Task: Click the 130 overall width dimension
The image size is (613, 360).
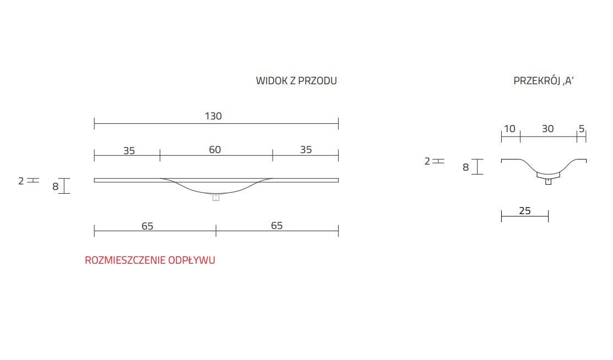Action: coord(213,116)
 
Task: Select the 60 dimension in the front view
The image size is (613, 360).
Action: coord(215,150)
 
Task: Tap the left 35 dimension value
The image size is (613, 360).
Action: coord(129,151)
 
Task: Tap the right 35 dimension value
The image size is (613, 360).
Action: coord(306,150)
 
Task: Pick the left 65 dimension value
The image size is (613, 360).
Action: coord(147,226)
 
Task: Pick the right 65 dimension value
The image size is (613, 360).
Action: coord(276,226)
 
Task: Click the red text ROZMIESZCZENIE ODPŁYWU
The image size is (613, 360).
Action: coord(150,260)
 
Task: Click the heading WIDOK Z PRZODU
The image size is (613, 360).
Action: coord(296,81)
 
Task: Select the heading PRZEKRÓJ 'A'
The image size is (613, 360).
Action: coord(544,81)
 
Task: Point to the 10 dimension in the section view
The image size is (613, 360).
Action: coord(509,129)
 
